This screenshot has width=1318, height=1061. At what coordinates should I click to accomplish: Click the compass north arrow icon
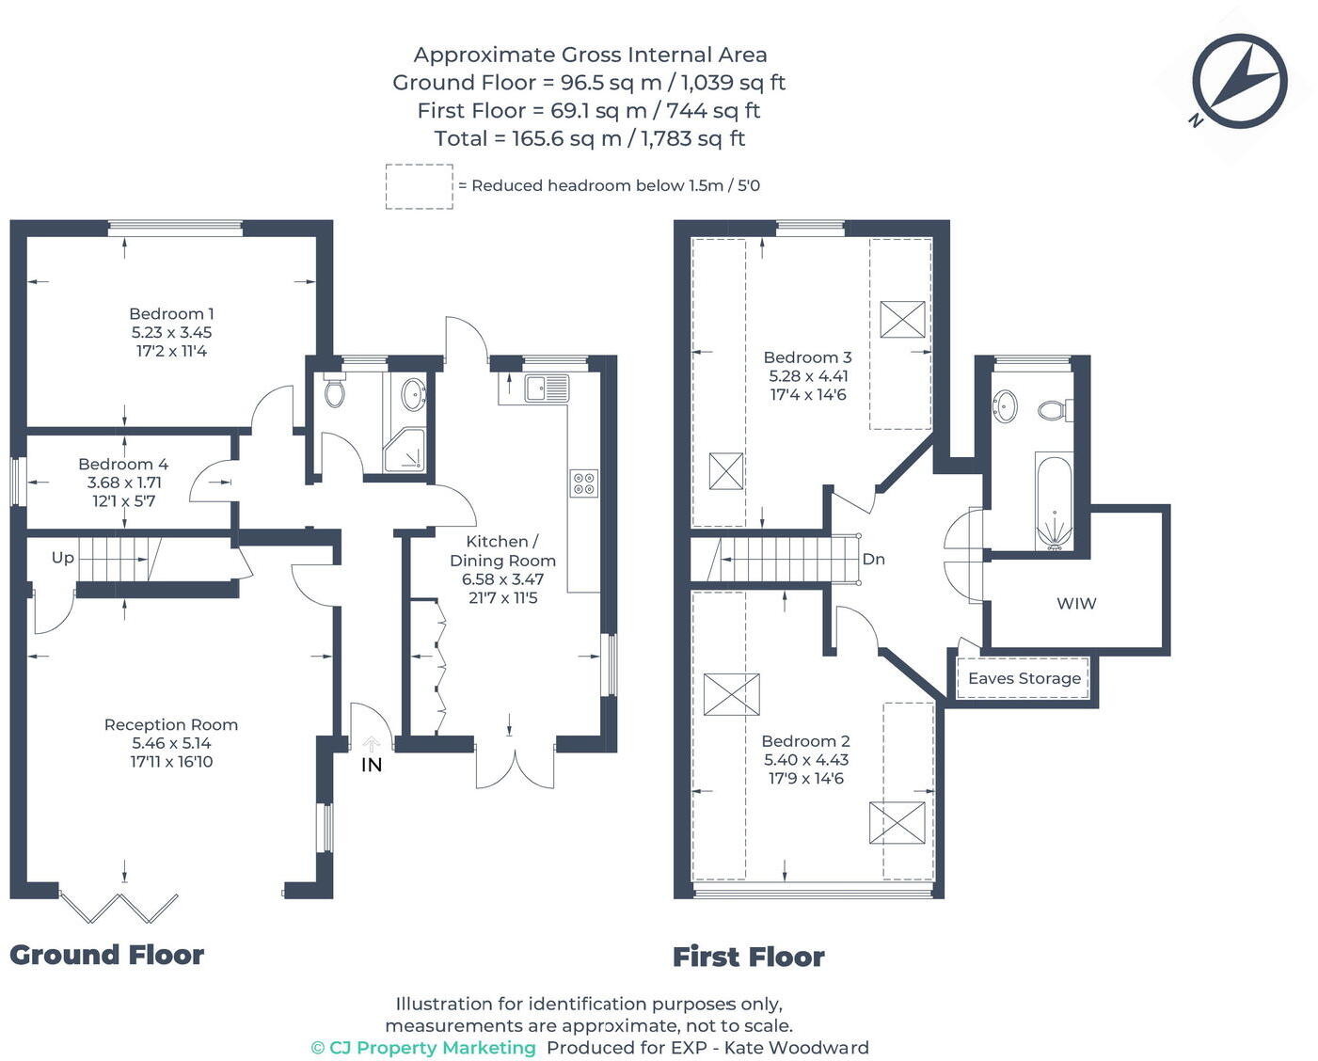point(1238,81)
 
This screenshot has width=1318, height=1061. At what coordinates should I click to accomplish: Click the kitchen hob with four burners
point(583,483)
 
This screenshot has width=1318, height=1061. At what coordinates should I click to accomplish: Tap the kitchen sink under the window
point(547,388)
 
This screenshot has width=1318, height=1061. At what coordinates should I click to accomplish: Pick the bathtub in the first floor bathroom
point(1053,501)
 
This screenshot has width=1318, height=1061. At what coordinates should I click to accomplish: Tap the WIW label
point(1076,604)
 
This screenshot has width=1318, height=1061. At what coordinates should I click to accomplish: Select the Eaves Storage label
point(1024,678)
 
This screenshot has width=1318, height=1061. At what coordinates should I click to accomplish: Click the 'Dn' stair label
point(873,559)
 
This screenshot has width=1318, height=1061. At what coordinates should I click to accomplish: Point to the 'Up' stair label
point(62,558)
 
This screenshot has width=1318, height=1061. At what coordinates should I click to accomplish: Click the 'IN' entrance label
point(372,765)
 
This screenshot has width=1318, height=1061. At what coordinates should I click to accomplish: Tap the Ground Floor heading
point(106,955)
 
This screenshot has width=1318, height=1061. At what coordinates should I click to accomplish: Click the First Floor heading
point(748,958)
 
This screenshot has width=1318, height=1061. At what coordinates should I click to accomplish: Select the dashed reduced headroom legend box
point(419,186)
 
